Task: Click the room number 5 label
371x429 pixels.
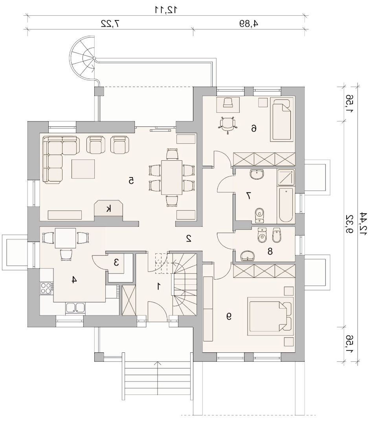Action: pos(131,181)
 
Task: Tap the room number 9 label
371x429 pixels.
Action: pos(229,316)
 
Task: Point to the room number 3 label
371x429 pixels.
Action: pos(116,263)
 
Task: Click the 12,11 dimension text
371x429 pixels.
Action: pos(166,9)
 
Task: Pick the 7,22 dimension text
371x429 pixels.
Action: pos(110,24)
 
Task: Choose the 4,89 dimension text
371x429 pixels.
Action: pos(249,24)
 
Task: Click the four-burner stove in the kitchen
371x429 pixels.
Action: pos(46,288)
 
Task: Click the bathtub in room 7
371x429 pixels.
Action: pos(286,205)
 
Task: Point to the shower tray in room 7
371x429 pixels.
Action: pos(286,178)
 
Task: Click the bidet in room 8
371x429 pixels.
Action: pos(276,235)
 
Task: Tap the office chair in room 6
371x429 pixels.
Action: pos(228,125)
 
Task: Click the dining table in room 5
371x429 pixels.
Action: pos(172,178)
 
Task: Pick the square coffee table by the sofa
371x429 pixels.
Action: pos(83,169)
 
